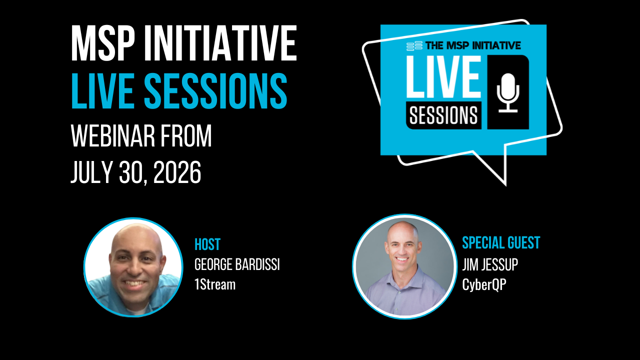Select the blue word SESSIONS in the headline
[215, 91]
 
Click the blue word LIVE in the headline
[102, 91]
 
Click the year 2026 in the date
[177, 172]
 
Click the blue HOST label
[207, 244]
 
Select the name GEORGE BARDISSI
[237, 264]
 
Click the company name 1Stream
[215, 284]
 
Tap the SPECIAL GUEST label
[501, 243]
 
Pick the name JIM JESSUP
[490, 264]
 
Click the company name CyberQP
[484, 285]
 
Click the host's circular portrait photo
[133, 267]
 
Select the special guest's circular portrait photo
[404, 266]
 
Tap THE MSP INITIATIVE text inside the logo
[473, 45]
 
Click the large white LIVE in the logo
[444, 76]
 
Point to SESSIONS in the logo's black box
[443, 115]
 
